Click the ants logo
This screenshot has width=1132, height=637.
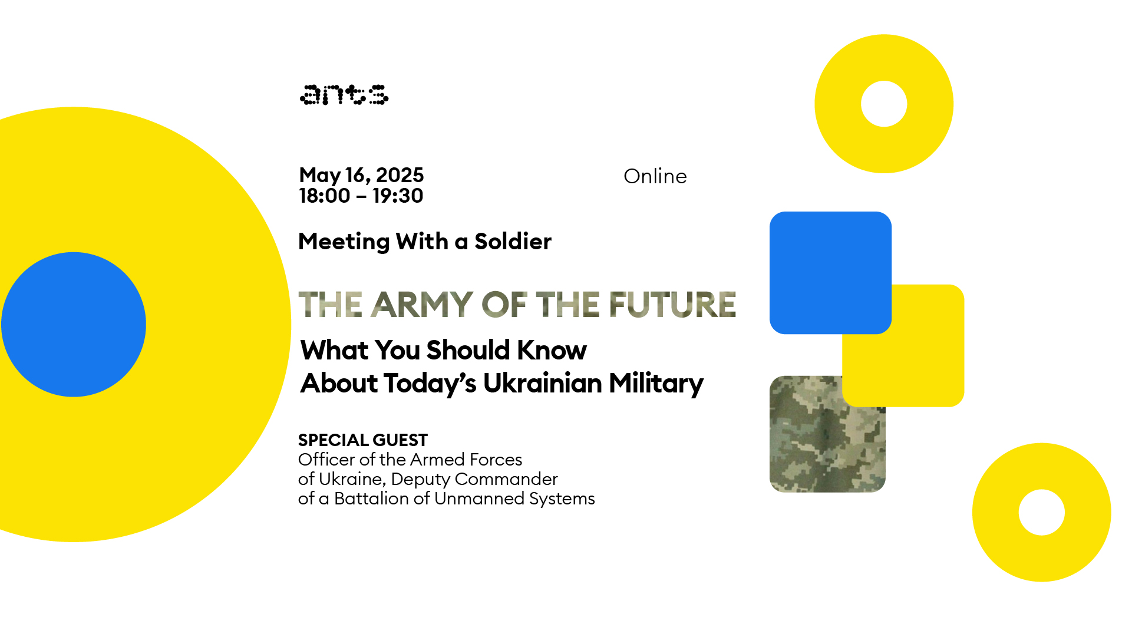(x=344, y=95)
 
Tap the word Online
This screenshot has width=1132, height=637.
(x=655, y=176)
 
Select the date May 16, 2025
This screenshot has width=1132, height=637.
(x=361, y=175)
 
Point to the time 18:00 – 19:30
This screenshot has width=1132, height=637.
(x=361, y=196)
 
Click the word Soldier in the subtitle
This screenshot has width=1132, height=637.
(x=513, y=242)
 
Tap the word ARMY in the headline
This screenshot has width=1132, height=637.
(x=422, y=304)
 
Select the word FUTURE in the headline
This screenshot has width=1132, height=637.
(x=672, y=304)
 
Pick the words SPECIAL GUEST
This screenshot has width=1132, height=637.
(x=362, y=440)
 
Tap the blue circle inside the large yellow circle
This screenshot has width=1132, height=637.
(x=74, y=325)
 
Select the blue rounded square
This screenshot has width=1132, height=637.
(x=830, y=273)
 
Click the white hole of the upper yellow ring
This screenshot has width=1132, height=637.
(x=884, y=104)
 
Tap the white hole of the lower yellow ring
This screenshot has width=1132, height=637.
(x=1042, y=513)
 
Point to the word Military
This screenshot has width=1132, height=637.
(x=656, y=384)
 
